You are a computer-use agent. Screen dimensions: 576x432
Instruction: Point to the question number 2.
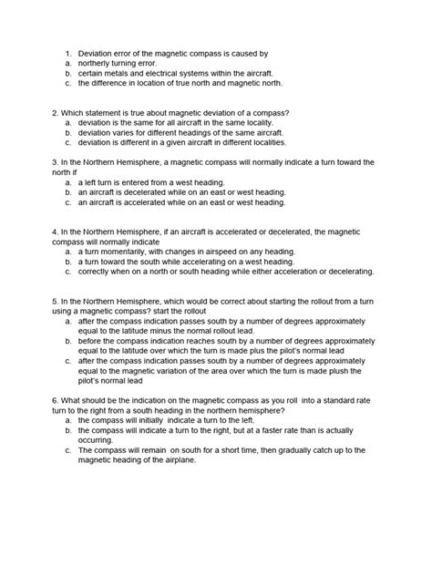(56, 113)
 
